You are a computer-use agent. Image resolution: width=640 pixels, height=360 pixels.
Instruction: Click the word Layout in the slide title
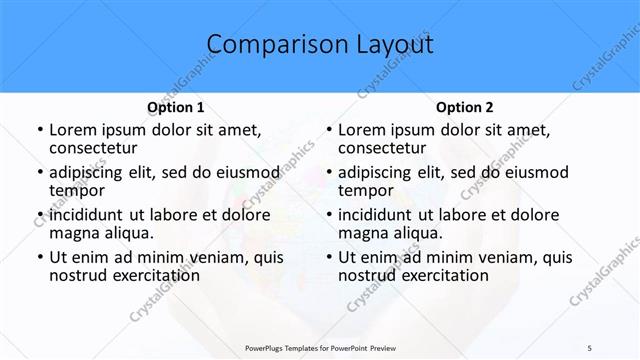pyautogui.click(x=396, y=45)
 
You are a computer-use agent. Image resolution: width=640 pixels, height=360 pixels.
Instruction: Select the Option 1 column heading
pyautogui.click(x=176, y=107)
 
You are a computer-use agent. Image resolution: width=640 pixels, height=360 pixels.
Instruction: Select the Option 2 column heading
pyautogui.click(x=465, y=107)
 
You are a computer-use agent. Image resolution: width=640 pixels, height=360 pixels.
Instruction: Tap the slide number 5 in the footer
pyautogui.click(x=590, y=347)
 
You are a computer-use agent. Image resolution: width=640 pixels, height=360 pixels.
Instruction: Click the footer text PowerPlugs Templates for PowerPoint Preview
pyautogui.click(x=326, y=347)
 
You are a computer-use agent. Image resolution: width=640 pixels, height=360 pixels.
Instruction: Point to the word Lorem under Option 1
pyautogui.click(x=73, y=130)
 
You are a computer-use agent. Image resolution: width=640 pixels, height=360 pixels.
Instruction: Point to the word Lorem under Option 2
pyautogui.click(x=362, y=130)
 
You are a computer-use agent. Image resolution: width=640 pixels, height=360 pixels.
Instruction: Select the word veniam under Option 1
pyautogui.click(x=205, y=257)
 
